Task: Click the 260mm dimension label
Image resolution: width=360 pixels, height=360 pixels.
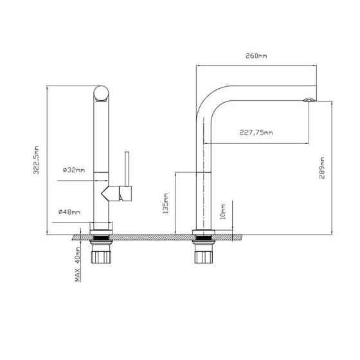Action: tap(256, 56)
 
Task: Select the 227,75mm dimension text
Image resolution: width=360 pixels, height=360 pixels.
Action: tap(255, 133)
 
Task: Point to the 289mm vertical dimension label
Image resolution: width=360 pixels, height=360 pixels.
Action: tap(321, 170)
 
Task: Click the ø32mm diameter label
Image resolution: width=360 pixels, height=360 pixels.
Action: tap(73, 170)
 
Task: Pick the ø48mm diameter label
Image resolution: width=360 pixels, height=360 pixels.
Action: tap(69, 212)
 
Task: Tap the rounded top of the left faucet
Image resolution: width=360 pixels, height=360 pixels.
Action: tap(102, 94)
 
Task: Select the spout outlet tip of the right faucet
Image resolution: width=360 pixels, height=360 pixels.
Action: tap(309, 100)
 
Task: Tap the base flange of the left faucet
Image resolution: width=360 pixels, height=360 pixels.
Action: tap(102, 227)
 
